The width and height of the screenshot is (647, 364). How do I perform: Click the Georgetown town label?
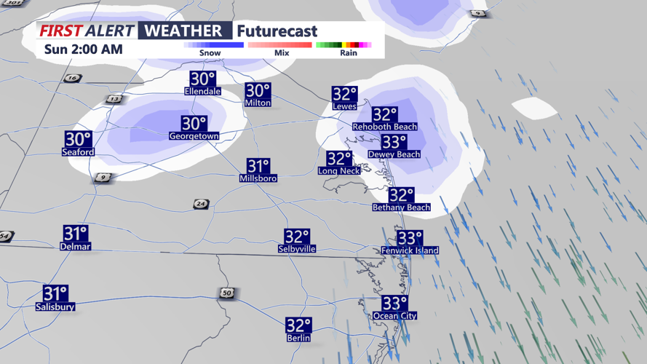tap(194, 136)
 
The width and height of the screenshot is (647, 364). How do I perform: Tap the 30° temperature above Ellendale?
tap(203, 79)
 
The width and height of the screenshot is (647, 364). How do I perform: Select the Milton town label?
tap(258, 103)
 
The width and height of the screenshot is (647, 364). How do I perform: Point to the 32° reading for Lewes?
tap(344, 94)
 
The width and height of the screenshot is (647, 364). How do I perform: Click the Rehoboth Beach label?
tap(384, 127)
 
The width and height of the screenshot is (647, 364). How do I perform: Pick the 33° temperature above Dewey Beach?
tap(394, 142)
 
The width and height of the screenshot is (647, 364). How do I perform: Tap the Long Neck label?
tap(338, 171)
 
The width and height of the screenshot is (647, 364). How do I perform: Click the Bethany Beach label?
tap(400, 207)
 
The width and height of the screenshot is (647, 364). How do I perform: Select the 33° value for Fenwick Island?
tap(410, 238)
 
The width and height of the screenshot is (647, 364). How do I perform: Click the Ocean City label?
tap(394, 316)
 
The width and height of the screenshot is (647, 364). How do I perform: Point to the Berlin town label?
tap(298, 338)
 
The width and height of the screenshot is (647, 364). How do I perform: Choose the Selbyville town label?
tap(297, 249)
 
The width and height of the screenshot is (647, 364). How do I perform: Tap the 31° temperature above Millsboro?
tap(258, 166)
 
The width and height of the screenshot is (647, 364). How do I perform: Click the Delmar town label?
tap(76, 247)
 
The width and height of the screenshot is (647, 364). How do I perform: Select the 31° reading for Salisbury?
tap(55, 293)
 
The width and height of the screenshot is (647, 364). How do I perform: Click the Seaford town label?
tap(78, 152)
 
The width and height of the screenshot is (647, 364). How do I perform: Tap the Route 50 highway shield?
tap(227, 293)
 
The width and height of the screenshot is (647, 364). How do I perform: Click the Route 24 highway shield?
tap(201, 205)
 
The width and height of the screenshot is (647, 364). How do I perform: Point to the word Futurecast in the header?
tap(277, 31)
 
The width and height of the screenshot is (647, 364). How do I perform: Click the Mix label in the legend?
tap(282, 53)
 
